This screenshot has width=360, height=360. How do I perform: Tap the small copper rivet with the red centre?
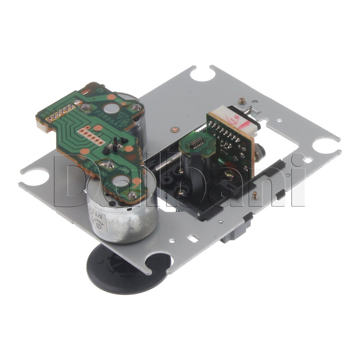173,130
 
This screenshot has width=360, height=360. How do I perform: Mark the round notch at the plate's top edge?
202,74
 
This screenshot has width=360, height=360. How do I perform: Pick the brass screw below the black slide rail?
255,195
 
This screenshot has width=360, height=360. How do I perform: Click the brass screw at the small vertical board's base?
228,173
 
